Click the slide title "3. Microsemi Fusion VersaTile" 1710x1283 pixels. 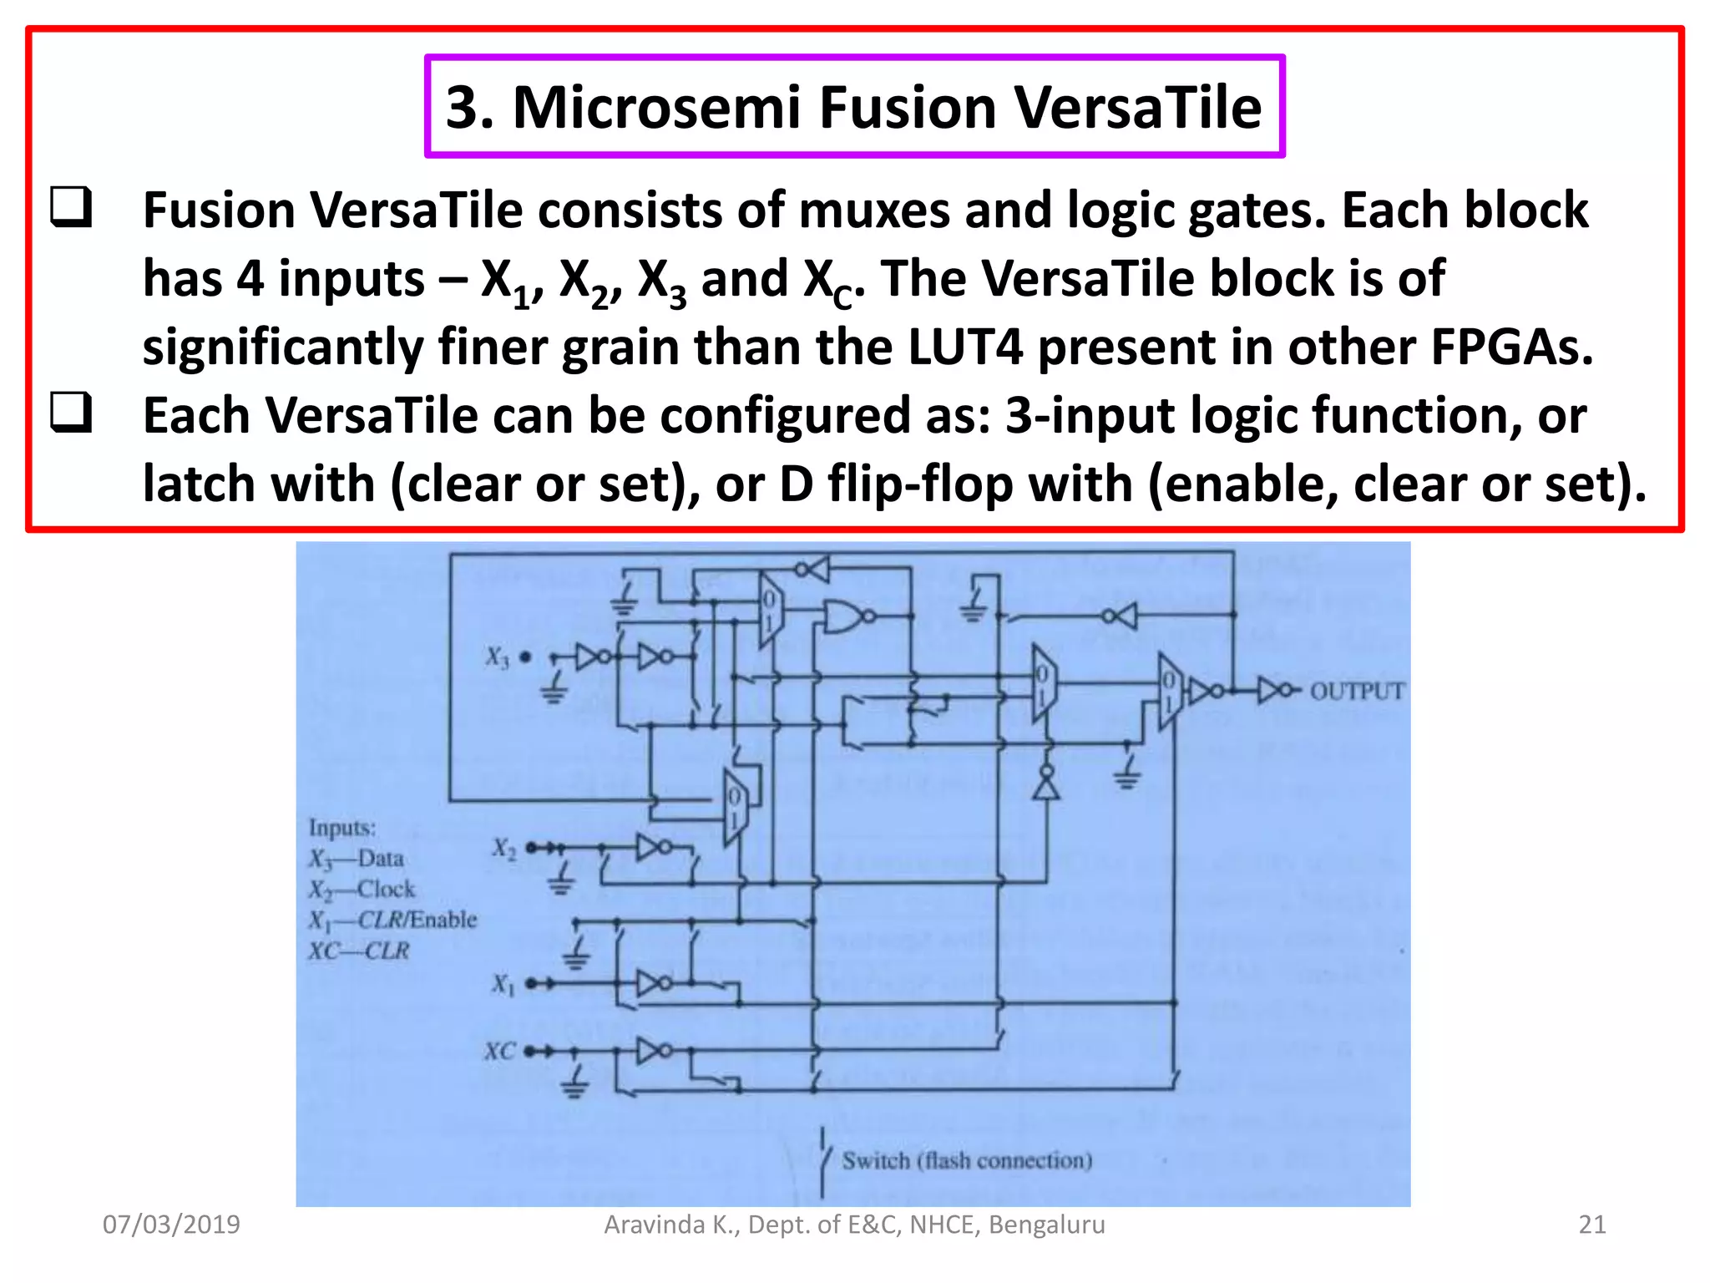tap(853, 107)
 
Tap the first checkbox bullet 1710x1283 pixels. tap(71, 207)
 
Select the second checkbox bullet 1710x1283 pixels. tap(71, 413)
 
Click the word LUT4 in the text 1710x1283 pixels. tap(964, 347)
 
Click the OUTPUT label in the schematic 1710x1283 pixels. tap(1357, 691)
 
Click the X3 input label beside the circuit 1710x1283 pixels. tap(497, 658)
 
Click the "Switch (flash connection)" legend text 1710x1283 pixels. tap(967, 1161)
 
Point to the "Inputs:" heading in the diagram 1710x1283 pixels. tap(342, 828)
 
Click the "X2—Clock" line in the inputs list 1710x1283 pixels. tap(362, 890)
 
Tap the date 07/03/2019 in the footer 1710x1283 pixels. tap(171, 1225)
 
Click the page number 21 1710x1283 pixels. tap(1591, 1225)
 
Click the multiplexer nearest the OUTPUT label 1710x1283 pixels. tap(1169, 691)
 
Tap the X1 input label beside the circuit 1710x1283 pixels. tap(503, 984)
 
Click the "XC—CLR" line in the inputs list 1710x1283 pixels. tap(359, 951)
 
